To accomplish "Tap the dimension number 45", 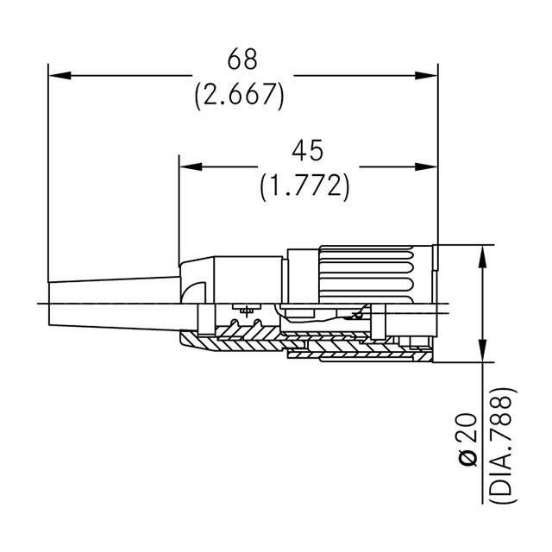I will click(x=306, y=151).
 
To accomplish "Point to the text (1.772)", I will click(x=305, y=185).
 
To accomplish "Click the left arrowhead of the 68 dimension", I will click(x=57, y=76).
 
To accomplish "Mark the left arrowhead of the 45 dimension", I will click(x=187, y=166).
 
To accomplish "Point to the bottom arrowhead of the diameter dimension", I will click(x=482, y=354).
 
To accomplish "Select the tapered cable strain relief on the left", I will click(x=112, y=302).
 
